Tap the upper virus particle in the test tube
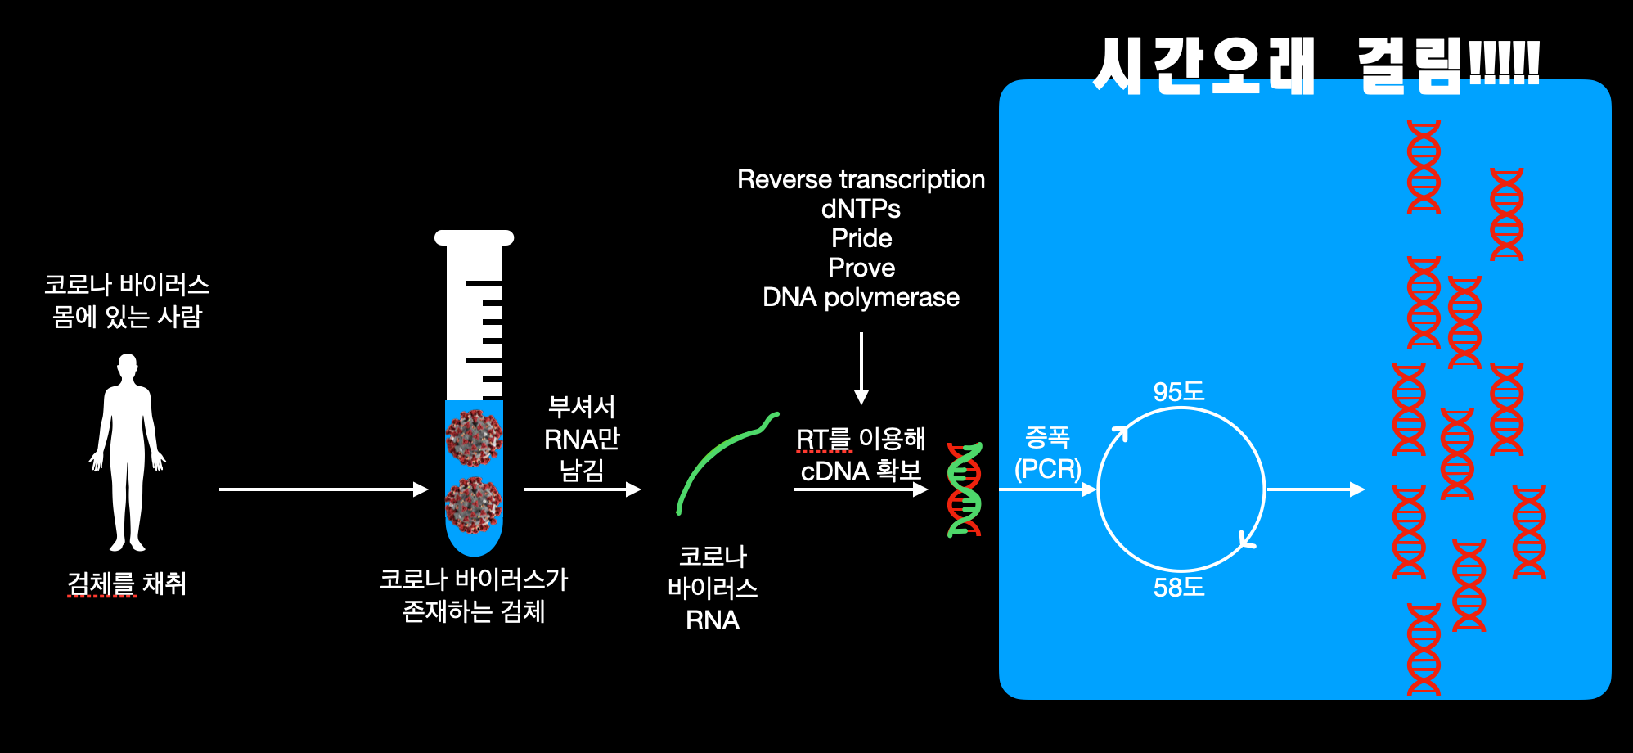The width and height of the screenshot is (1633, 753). (474, 436)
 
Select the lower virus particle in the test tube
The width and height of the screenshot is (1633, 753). (473, 503)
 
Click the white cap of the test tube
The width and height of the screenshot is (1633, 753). (474, 238)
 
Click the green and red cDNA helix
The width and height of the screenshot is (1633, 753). (965, 489)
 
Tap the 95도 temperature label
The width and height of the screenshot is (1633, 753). (1179, 391)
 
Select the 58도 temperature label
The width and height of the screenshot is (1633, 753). (1179, 587)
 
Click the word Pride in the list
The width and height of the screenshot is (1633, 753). (861, 238)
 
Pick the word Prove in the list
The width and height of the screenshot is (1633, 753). (861, 268)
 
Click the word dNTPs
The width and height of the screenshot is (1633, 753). (861, 209)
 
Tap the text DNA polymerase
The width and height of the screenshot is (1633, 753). (861, 297)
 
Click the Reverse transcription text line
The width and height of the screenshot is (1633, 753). (861, 179)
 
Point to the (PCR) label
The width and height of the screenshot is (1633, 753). (1047, 469)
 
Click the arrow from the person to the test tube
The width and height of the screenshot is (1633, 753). (323, 489)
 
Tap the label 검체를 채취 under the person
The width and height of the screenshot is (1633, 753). (127, 584)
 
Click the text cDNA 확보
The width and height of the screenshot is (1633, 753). (861, 471)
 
